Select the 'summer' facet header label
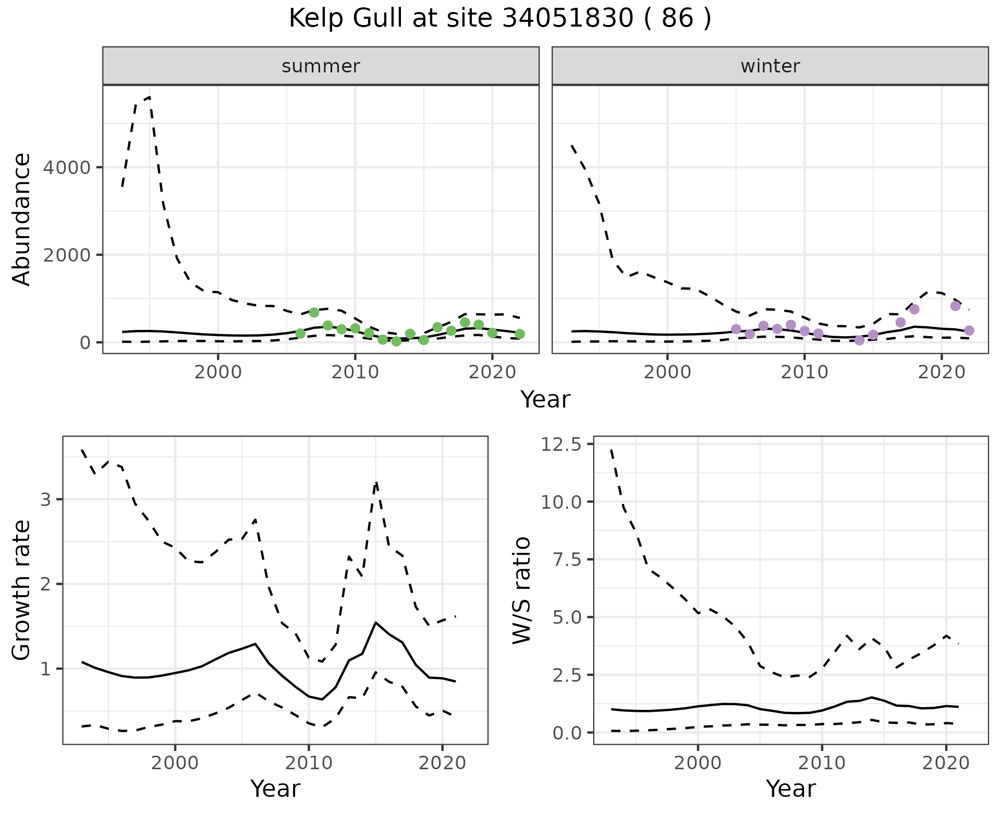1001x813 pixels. point(321,66)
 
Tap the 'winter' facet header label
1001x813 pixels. point(770,66)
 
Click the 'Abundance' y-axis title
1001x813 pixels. point(22,219)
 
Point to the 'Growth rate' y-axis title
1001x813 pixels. point(22,590)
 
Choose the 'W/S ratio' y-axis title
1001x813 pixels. point(521,590)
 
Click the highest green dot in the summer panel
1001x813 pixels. point(314,312)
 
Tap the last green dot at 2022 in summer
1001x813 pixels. point(520,334)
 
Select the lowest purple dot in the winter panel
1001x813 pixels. point(860,340)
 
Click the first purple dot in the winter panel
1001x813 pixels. point(736,329)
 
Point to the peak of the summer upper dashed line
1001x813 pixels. point(150,97)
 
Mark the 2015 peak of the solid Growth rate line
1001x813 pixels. point(376,622)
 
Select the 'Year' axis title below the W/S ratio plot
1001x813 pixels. point(790,789)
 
